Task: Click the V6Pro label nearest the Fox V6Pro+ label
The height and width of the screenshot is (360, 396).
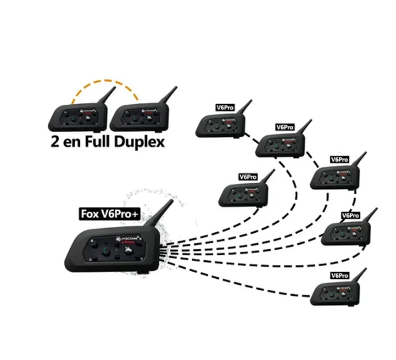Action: pos(247,177)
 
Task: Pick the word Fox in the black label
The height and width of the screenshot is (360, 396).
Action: pos(89,213)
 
